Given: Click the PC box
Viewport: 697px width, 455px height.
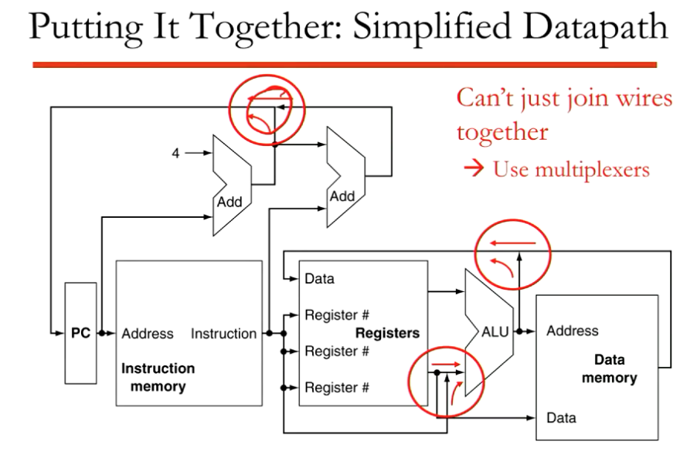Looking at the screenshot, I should tap(81, 334).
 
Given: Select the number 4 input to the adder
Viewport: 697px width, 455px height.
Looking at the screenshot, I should tap(175, 153).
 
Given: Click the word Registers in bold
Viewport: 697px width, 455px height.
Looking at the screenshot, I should tap(387, 333).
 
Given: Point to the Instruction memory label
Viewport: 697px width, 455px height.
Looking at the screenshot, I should tap(158, 377).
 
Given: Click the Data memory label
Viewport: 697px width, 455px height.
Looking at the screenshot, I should tap(609, 368).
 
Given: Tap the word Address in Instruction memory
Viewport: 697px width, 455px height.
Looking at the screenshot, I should tap(148, 334).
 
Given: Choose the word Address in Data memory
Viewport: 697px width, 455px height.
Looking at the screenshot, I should tap(572, 331).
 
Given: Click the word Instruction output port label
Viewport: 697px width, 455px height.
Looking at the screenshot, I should tap(223, 334).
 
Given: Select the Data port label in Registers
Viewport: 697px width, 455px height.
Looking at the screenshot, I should tap(319, 278).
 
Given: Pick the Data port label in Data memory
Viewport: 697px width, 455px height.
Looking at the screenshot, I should tap(561, 418).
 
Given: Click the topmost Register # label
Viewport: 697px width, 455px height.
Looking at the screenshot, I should tap(337, 314).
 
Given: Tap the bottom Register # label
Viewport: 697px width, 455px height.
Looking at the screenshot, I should tap(337, 387).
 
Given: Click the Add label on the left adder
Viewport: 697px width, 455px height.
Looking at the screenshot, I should tap(229, 202).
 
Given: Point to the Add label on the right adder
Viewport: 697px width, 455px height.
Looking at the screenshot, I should tap(342, 196).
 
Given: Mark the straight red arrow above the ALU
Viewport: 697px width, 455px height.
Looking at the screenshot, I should tap(512, 244).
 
